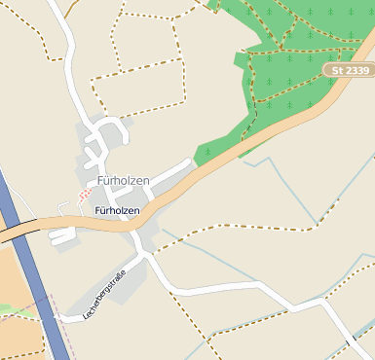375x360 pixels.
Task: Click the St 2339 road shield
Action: [349, 71]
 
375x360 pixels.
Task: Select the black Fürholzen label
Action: [117, 210]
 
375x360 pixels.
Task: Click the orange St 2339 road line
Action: [224, 165]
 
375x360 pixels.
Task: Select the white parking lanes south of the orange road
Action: [61, 234]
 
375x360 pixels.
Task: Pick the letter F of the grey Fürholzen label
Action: [100, 182]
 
